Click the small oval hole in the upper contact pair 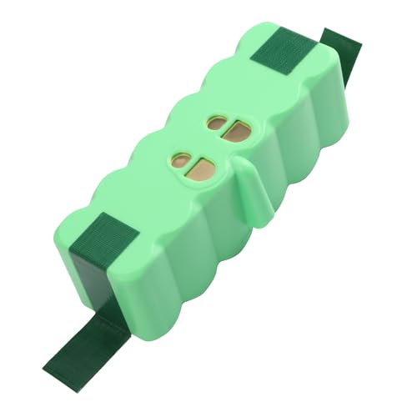pyautogui.click(x=215, y=125)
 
